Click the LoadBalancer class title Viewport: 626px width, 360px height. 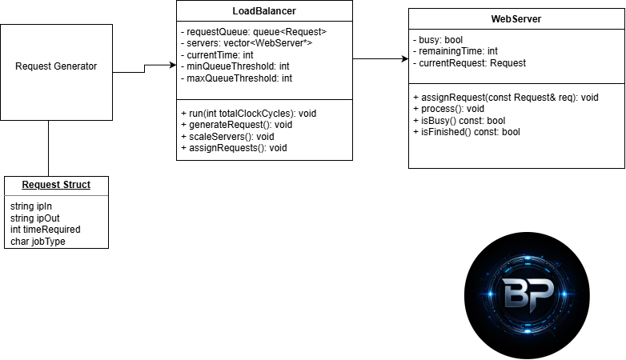(263, 10)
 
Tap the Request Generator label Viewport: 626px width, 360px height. (56, 66)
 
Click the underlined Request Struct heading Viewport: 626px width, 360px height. (56, 185)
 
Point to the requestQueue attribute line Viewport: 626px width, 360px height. (253, 33)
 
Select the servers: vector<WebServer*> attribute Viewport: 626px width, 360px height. (249, 44)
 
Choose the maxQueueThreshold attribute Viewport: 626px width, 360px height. (236, 78)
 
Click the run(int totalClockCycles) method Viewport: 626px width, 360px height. (248, 114)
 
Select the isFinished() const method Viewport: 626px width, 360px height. (467, 132)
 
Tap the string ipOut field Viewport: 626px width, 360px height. (35, 218)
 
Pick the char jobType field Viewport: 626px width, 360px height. (38, 240)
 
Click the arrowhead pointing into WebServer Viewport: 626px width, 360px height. (404, 58)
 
